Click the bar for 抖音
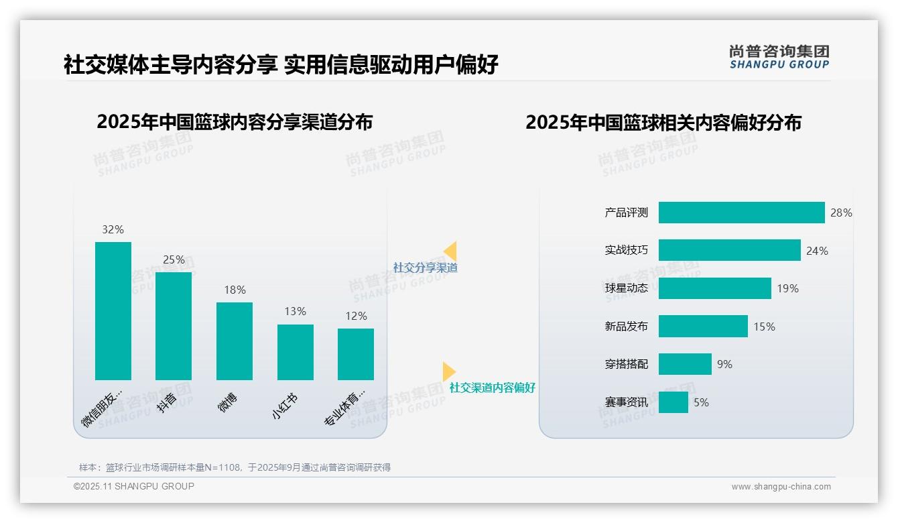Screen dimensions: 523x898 click(x=174, y=326)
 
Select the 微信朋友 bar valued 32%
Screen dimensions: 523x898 click(x=113, y=310)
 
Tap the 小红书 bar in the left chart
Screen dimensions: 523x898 click(x=296, y=352)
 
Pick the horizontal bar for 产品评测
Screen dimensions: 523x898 click(x=741, y=213)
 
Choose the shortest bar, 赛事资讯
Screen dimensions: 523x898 click(x=673, y=402)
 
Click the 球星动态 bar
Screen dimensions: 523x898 click(x=714, y=288)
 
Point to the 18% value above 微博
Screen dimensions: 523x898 click(x=235, y=290)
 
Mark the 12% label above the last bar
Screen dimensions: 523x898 click(x=356, y=316)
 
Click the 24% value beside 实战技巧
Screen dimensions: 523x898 click(x=817, y=251)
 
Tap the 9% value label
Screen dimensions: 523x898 click(x=724, y=364)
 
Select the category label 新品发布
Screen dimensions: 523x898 click(x=626, y=327)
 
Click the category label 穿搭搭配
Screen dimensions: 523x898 click(x=626, y=365)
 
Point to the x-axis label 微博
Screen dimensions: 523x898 click(x=228, y=402)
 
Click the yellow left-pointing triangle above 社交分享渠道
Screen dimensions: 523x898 click(x=450, y=251)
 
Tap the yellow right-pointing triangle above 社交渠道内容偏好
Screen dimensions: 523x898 click(x=448, y=371)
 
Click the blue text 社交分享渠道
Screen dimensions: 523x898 click(x=425, y=268)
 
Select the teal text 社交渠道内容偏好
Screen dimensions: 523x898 click(x=492, y=388)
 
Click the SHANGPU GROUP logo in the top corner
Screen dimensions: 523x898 click(x=779, y=56)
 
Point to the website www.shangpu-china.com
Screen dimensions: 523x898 click(x=781, y=487)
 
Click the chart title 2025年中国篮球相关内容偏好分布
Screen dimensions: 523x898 click(x=663, y=123)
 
